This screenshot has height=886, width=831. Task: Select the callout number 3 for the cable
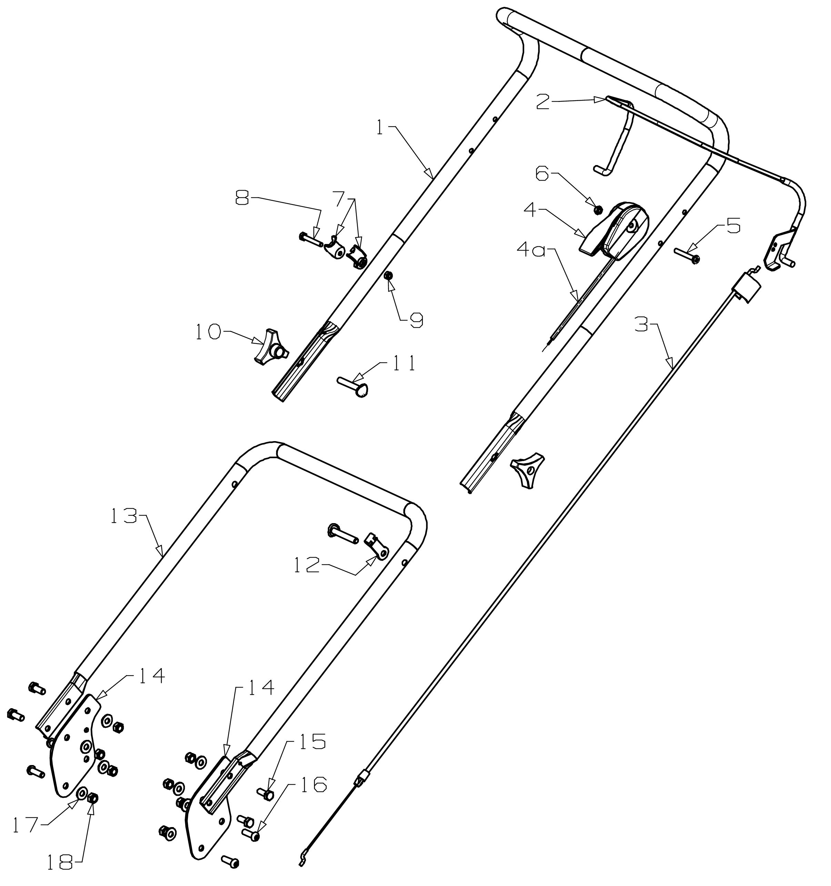tap(641, 325)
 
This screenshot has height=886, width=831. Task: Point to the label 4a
tap(531, 251)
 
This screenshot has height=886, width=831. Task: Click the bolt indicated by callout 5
tap(686, 255)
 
